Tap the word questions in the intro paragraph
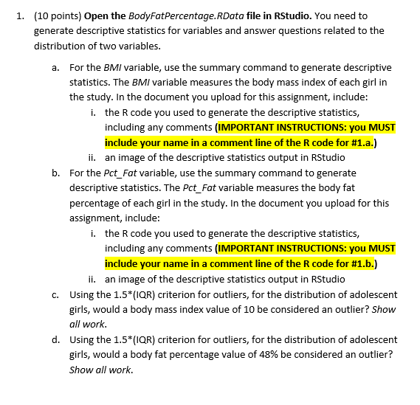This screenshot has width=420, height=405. click(283, 30)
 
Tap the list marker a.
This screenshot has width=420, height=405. click(57, 67)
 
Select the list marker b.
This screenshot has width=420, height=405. click(57, 173)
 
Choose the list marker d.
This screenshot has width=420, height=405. click(57, 339)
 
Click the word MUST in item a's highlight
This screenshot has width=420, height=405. click(382, 127)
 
